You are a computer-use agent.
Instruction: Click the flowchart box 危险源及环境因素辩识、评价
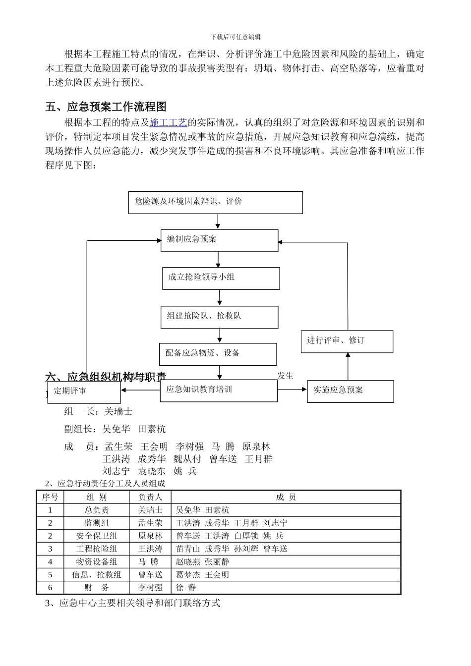coord(215,202)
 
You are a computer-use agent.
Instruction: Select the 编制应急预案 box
coord(219,240)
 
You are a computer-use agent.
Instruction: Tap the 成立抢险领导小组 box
coord(221,278)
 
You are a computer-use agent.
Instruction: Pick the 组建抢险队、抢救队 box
coord(219,317)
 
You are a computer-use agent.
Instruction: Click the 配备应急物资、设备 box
coord(218,354)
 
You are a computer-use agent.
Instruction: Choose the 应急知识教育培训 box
coord(219,390)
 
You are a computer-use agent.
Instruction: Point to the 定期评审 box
coord(84,392)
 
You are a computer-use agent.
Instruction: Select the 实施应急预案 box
coord(350,391)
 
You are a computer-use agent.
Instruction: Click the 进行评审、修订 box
coord(347,341)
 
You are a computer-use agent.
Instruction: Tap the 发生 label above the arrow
coord(286,376)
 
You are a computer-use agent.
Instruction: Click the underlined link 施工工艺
coord(168,122)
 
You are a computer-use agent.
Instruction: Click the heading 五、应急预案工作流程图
coord(106,107)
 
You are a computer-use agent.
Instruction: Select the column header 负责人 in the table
coord(150,497)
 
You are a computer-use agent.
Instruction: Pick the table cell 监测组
coord(97,523)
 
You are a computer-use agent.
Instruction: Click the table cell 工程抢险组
coord(97,549)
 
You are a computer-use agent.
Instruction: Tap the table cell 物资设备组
coord(97,561)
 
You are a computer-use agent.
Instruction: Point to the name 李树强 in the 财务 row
coord(150,588)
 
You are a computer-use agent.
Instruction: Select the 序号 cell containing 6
coord(50,588)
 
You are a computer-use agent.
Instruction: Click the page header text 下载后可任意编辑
coord(235,37)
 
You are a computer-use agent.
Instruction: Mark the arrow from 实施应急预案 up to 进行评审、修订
coord(348,366)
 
